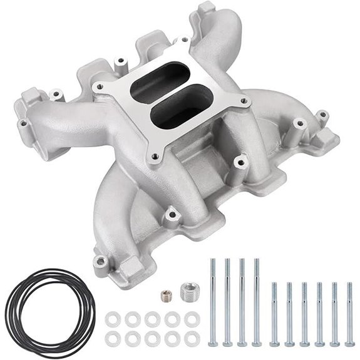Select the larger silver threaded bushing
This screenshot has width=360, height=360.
click(187, 291)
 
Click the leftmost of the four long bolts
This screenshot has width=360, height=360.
click(212, 301)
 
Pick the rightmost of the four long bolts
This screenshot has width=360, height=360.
click(256, 301)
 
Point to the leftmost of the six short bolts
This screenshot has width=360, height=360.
click(274, 313)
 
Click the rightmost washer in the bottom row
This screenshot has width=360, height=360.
click(191, 338)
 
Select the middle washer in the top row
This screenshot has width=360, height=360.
click(152, 317)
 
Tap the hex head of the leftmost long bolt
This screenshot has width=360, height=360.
click(212, 343)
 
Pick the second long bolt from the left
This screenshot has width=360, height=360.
click(227, 301)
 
